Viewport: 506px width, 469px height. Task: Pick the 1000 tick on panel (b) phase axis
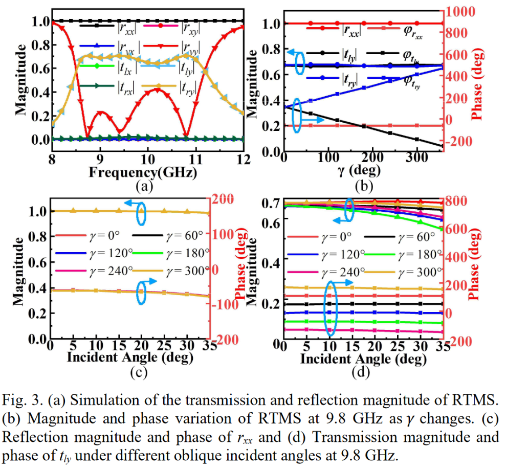pyautogui.click(x=461, y=11)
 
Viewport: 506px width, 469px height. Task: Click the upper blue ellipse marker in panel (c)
pyautogui.click(x=141, y=214)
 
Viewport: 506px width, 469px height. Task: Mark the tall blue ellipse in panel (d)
pyautogui.click(x=331, y=306)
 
